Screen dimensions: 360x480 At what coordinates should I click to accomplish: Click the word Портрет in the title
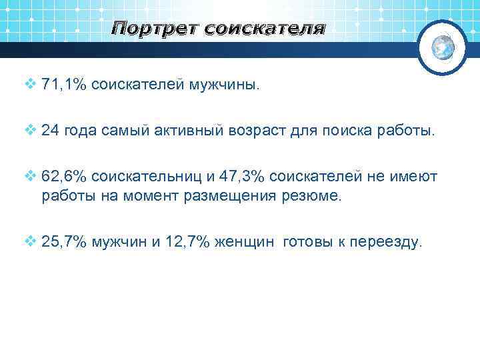pyautogui.click(x=155, y=29)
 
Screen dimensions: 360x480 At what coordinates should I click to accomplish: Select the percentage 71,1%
pyautogui.click(x=64, y=85)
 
